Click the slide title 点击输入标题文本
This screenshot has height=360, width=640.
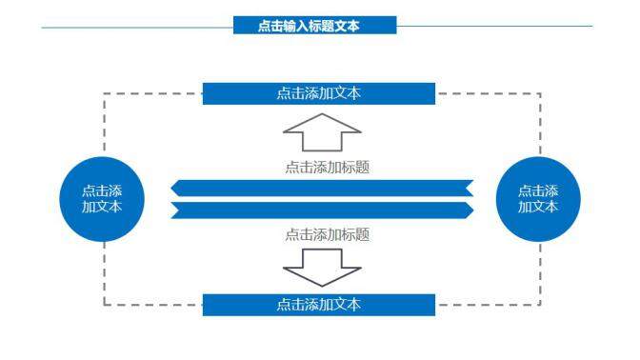pyautogui.click(x=314, y=27)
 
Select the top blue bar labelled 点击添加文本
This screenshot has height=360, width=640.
pyautogui.click(x=319, y=93)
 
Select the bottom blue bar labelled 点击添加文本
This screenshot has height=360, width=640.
pyautogui.click(x=319, y=305)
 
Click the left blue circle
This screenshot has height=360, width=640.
pyautogui.click(x=101, y=199)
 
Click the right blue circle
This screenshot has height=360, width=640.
pyautogui.click(x=539, y=199)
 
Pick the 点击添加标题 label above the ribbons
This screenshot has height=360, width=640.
pyautogui.click(x=327, y=167)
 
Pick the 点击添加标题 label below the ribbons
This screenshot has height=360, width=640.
pyautogui.click(x=327, y=233)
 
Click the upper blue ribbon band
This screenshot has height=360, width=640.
pyautogui.click(x=322, y=187)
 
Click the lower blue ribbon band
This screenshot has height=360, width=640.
pyautogui.click(x=322, y=210)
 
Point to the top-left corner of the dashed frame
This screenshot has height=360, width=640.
pyautogui.click(x=104, y=93)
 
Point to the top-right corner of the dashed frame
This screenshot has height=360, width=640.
pyautogui.click(x=541, y=93)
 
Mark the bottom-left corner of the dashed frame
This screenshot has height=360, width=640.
pyautogui.click(x=104, y=305)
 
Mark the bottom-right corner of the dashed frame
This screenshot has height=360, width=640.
pyautogui.click(x=541, y=305)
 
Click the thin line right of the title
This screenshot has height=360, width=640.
pyautogui.click(x=495, y=27)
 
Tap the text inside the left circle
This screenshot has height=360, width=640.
pyautogui.click(x=101, y=198)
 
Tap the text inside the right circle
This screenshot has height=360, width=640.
pyautogui.click(x=539, y=198)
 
